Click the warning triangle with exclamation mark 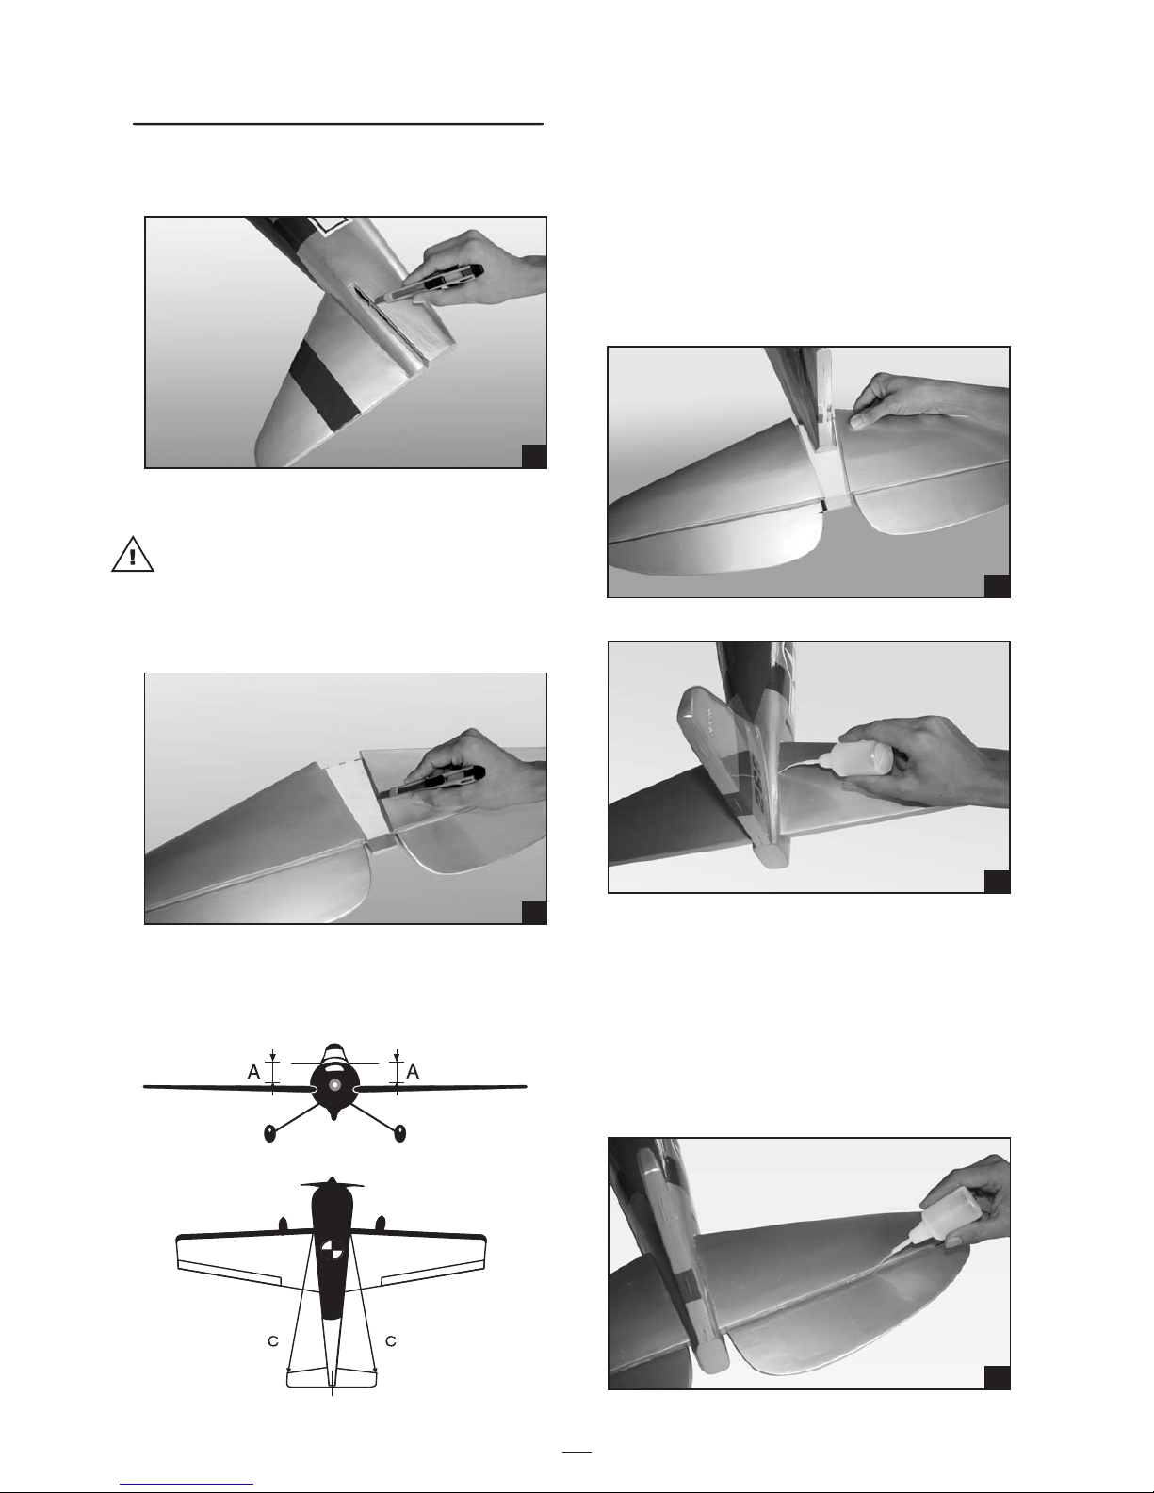tap(133, 554)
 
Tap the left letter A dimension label tap(254, 1071)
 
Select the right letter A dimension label tap(413, 1071)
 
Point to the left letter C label tap(273, 1340)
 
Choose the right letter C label tap(390, 1340)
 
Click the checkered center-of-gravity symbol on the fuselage tap(333, 1249)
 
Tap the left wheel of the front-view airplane tap(270, 1133)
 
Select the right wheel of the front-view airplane tap(399, 1133)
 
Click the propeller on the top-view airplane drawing tap(333, 1183)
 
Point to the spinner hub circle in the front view tap(333, 1085)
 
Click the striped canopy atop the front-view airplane tap(333, 1053)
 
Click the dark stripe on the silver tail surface tap(327, 382)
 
